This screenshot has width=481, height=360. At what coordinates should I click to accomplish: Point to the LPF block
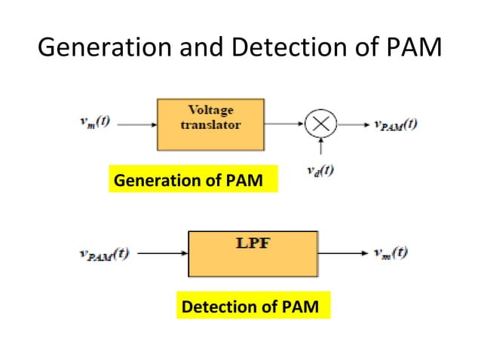253,255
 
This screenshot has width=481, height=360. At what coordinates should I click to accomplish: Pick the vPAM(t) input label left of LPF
103,253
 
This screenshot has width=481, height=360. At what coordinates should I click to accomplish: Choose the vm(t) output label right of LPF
391,253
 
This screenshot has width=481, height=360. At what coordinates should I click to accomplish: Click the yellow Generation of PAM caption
192,181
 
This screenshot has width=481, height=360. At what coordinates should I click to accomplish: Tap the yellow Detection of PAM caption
253,307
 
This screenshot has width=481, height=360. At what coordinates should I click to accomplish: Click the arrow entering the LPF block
161,254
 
